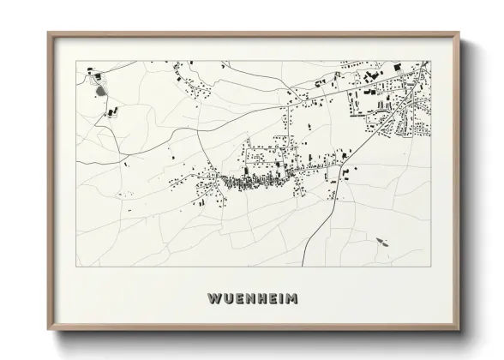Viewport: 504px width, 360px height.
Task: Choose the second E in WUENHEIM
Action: [x=266, y=298]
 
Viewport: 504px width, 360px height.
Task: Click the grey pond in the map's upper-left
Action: [x=99, y=88]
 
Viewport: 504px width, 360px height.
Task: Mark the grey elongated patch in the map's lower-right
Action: [x=382, y=242]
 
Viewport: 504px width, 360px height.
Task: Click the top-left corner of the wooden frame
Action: [x=49, y=33]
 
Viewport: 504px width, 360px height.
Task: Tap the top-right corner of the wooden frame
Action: [x=459, y=33]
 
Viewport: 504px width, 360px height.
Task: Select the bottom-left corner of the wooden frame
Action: [x=49, y=329]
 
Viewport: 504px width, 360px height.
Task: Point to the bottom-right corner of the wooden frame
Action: [x=459, y=329]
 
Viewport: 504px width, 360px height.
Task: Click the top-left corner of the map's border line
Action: [x=76, y=61]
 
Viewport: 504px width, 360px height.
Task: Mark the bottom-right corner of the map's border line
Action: [x=430, y=267]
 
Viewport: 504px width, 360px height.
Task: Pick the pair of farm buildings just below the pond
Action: [x=110, y=111]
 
